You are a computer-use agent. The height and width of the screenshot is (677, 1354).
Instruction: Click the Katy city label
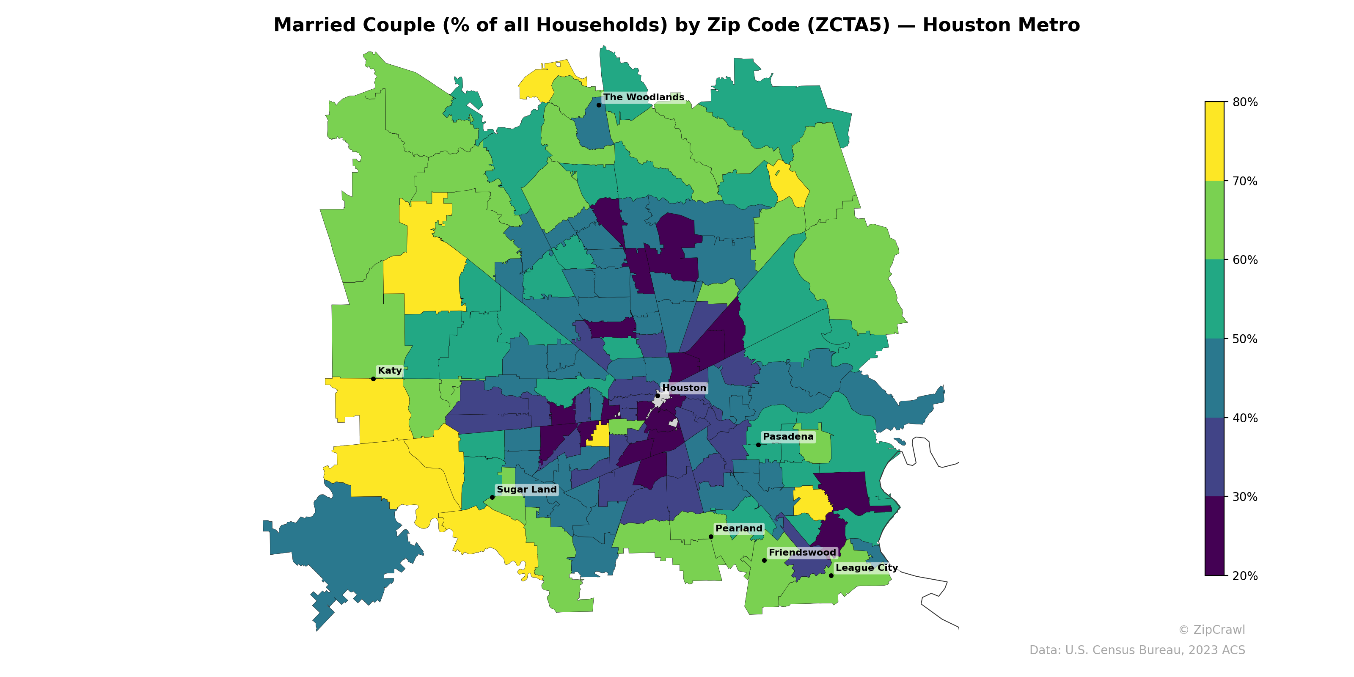pos(389,371)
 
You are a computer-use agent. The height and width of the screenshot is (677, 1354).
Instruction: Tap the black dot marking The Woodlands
pos(599,105)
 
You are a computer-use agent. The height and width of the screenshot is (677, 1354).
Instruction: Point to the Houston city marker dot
pos(658,396)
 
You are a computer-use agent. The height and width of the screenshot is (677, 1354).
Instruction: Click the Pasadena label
pos(787,436)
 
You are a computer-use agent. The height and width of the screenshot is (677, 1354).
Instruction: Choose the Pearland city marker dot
pos(711,537)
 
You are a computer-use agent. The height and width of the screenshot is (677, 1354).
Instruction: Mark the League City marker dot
pos(831,575)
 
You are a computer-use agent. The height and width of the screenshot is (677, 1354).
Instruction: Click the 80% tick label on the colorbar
pos(1245,102)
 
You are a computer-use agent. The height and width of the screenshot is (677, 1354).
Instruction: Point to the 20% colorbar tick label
pos(1245,575)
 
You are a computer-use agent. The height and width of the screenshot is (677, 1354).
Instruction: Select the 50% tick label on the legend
pos(1245,339)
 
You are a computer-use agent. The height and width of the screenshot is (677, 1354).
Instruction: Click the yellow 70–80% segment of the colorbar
pos(1214,141)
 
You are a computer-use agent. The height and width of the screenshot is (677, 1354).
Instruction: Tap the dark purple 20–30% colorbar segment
pos(1214,536)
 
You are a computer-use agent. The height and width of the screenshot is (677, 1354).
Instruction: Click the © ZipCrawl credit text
pos(1211,630)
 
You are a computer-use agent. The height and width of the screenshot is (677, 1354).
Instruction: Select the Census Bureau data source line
pos(1137,650)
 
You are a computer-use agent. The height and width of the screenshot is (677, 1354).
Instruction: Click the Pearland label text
pos(738,528)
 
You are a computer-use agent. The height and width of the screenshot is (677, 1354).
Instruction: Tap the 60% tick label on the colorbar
pos(1245,260)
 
